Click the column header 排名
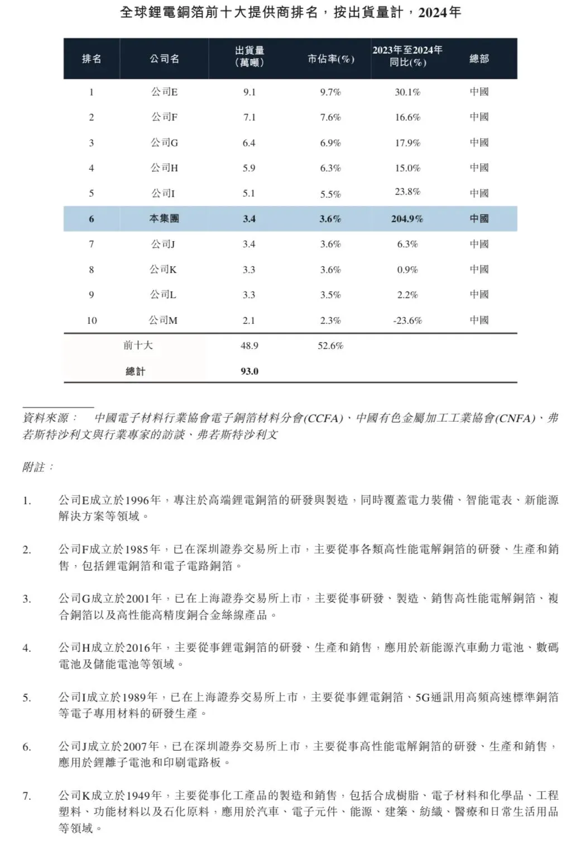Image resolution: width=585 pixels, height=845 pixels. [x=92, y=59]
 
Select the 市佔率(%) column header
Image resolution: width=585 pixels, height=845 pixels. [x=330, y=59]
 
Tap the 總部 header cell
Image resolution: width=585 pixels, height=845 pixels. [x=479, y=59]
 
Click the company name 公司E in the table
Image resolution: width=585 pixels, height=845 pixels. [x=164, y=92]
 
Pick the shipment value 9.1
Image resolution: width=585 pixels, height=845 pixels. [x=249, y=92]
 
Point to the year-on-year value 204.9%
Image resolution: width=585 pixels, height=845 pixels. [x=407, y=219]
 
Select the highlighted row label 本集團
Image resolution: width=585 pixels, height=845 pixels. [x=164, y=219]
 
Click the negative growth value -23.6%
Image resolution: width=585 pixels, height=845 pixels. [x=407, y=321]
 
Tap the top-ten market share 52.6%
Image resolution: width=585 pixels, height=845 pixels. [x=330, y=346]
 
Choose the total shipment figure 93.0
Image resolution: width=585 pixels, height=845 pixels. [x=249, y=371]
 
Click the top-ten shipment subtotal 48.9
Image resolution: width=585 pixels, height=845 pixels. [x=249, y=346]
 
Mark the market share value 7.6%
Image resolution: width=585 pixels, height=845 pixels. [x=330, y=117]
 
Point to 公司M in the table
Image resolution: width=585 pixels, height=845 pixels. [x=163, y=321]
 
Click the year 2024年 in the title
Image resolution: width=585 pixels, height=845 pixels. [x=439, y=12]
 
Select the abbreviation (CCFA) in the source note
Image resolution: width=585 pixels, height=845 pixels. [x=323, y=418]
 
